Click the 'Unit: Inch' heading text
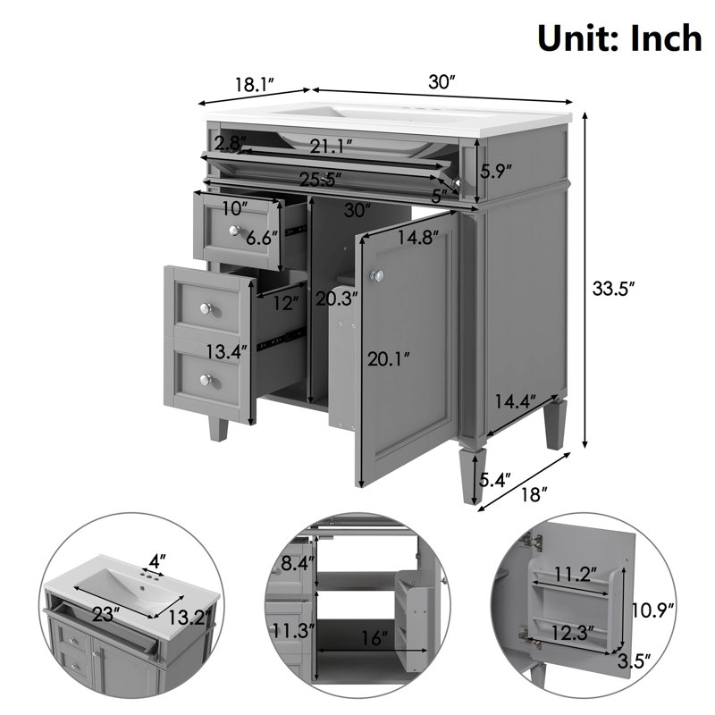point(620,38)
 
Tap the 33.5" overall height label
point(613,288)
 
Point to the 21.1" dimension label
point(332,147)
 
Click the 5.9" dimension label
point(496,171)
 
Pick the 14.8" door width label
point(418,237)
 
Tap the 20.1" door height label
point(389,360)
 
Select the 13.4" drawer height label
point(227,351)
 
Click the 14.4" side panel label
point(516,401)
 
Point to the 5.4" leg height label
point(495,479)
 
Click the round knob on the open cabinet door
point(376,275)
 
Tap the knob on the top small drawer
point(235,231)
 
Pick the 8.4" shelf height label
point(298,564)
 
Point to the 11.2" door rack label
point(576,574)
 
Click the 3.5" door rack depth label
point(634,660)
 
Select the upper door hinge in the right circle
point(533,541)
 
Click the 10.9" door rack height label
point(652,610)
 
